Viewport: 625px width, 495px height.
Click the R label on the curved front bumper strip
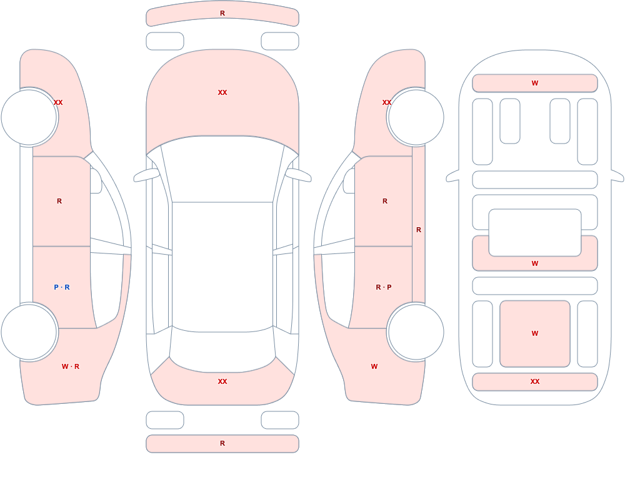click(x=222, y=13)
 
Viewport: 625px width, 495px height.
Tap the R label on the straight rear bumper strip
click(x=222, y=443)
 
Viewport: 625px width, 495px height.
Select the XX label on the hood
click(x=222, y=92)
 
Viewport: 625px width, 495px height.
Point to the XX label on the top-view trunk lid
click(x=222, y=381)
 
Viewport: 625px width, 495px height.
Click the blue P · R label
click(x=62, y=287)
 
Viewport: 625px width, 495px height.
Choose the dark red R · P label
click(x=384, y=287)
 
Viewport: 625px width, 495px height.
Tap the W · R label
click(x=71, y=366)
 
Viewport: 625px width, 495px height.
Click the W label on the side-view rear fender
click(x=374, y=366)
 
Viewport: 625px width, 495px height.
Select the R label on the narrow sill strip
click(x=419, y=230)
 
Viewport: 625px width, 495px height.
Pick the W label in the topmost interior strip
click(x=535, y=83)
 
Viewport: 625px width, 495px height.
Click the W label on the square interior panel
click(x=535, y=333)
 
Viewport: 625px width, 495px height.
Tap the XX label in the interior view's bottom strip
click(x=535, y=381)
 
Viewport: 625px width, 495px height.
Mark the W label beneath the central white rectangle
click(x=535, y=263)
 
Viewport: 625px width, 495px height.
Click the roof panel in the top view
click(x=222, y=266)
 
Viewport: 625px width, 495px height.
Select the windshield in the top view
click(x=222, y=169)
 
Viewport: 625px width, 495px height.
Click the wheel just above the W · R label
click(x=29, y=332)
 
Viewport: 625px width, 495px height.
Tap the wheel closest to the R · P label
click(x=416, y=332)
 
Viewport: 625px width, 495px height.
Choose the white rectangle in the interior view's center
click(x=535, y=233)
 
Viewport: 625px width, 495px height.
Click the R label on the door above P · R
click(x=59, y=201)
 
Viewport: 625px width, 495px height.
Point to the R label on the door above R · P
click(x=385, y=201)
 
